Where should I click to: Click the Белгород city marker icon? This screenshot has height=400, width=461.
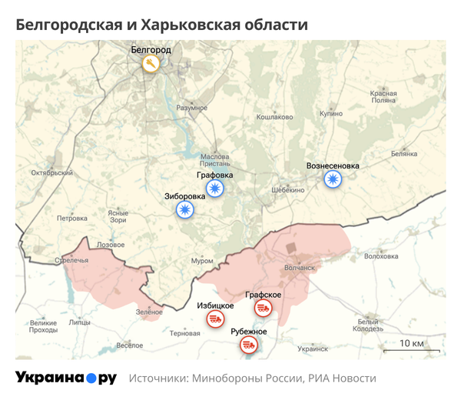tap(151, 64)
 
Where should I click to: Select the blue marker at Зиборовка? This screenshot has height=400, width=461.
tap(184, 209)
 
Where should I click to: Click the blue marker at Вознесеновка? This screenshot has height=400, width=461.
tap(332, 179)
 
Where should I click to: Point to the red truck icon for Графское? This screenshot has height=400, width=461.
tap(263, 308)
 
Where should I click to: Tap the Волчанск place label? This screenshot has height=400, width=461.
tap(300, 268)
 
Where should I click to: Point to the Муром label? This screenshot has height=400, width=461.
tap(202, 262)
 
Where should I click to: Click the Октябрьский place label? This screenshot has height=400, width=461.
tap(50, 173)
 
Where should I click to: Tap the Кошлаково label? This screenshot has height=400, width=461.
tap(275, 117)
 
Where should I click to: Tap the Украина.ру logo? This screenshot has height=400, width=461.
tap(66, 378)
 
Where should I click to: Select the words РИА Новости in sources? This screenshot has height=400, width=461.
tap(342, 378)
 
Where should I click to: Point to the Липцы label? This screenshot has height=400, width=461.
tap(79, 323)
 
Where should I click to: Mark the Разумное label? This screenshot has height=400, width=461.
tap(192, 108)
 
